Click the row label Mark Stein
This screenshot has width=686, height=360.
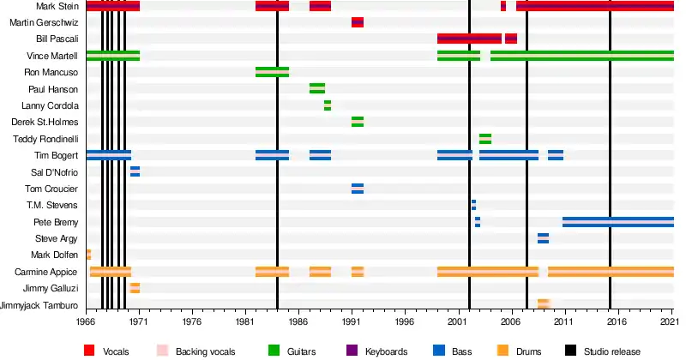57,6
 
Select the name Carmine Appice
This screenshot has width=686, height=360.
46,272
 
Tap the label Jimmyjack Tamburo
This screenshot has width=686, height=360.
39,305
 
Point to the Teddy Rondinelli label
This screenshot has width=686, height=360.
45,139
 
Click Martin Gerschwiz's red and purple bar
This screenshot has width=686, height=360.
358,22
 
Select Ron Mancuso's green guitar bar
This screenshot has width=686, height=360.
272,72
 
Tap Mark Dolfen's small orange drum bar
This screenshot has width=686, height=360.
89,255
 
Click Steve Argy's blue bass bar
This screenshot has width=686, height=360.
543,238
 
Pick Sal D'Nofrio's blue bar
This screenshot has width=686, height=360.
135,171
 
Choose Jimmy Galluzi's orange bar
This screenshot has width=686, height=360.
135,288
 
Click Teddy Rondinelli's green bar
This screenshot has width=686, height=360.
485,139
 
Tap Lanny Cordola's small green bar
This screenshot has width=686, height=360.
328,105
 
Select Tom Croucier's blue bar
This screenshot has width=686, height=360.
358,189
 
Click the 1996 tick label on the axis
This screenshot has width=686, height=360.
405,322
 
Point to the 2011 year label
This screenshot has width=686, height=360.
563,322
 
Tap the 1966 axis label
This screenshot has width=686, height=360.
86,322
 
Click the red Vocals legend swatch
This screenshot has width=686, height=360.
89,351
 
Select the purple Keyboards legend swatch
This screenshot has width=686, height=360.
352,351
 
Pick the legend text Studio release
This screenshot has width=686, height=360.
612,351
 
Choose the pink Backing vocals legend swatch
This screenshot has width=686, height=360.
162,351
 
